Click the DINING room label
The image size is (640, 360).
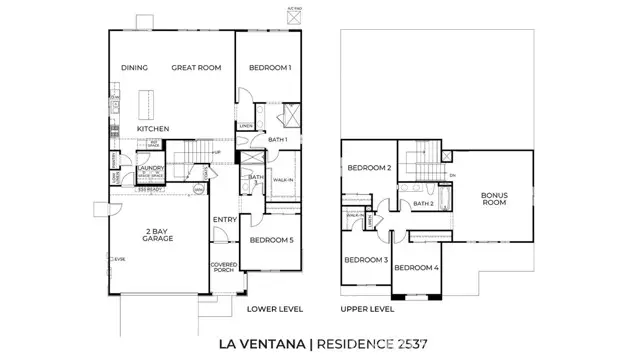click(x=134, y=68)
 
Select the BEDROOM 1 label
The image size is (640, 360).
click(x=269, y=68)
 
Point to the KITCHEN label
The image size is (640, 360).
click(x=153, y=129)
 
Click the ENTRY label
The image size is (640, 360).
click(x=223, y=220)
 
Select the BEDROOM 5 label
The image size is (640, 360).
click(x=271, y=240)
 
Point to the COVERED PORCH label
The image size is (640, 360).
click(x=223, y=268)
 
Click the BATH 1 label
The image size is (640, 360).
click(x=278, y=140)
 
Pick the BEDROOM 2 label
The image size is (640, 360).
click(x=368, y=168)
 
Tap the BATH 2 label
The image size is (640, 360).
click(x=423, y=203)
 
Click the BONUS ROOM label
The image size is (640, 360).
click(x=494, y=199)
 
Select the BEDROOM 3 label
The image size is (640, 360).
click(x=365, y=260)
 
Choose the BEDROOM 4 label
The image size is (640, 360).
click(x=415, y=267)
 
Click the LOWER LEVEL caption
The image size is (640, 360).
click(x=275, y=309)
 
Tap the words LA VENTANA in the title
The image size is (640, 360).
click(x=262, y=345)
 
